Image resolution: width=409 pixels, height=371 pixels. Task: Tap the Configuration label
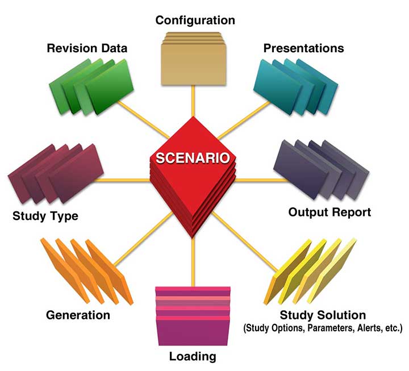point(195,20)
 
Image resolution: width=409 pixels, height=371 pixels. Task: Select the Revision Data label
point(86,48)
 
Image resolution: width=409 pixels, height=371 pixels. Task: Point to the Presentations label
point(303,48)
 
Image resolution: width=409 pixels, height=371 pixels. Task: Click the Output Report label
point(329,212)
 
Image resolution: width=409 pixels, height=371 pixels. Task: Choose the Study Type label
point(45,216)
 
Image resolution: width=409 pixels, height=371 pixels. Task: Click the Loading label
point(193,357)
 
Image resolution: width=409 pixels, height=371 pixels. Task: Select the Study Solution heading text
point(323,315)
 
